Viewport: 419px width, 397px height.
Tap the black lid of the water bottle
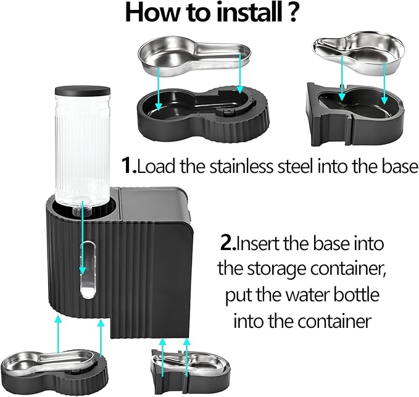[82, 90]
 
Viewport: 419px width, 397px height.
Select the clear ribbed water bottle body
[82, 148]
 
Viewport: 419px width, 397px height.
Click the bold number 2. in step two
[228, 243]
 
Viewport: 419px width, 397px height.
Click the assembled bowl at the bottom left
[52, 367]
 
